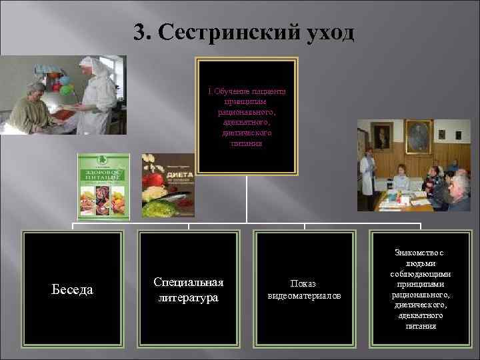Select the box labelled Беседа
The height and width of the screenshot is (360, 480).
pyautogui.click(x=73, y=289)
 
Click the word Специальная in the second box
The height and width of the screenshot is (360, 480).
pyautogui.click(x=188, y=282)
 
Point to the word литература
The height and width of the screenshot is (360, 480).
pyautogui.click(x=188, y=297)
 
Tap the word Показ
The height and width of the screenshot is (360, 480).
pyautogui.click(x=303, y=283)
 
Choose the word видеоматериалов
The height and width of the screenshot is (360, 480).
pyautogui.click(x=303, y=295)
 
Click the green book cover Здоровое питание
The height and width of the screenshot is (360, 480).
pyautogui.click(x=103, y=187)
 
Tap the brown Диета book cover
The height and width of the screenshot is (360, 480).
pyautogui.click(x=168, y=187)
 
